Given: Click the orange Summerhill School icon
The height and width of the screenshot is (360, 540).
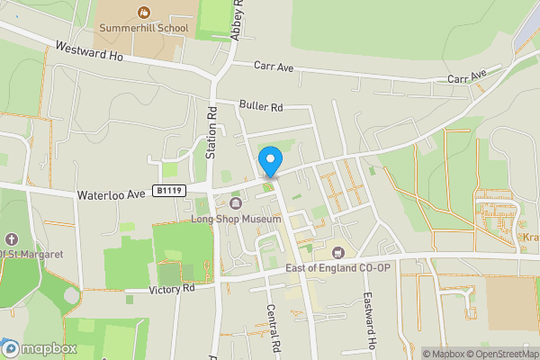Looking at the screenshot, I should [x=143, y=12].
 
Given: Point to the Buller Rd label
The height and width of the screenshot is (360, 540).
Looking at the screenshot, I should [x=261, y=106].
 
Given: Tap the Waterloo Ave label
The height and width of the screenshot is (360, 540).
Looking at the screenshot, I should [x=111, y=193].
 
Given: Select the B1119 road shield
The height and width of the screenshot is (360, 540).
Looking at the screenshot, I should [x=169, y=191].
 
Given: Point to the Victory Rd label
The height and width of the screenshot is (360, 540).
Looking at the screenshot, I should [x=171, y=290].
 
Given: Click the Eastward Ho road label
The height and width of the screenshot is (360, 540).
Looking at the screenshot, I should [x=368, y=319].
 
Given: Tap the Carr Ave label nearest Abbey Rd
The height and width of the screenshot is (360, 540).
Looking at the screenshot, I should [x=273, y=66].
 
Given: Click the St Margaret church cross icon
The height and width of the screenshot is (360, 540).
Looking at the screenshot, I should [x=11, y=239].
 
